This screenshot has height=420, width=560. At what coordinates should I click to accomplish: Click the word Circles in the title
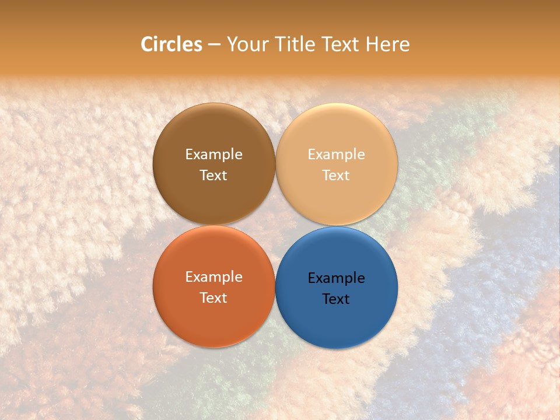[171, 44]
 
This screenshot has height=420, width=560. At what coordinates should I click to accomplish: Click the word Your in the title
[247, 44]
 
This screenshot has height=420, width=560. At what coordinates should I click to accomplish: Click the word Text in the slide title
[341, 44]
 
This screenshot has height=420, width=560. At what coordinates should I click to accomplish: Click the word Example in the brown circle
[213, 155]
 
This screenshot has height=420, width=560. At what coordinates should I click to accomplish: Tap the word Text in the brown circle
[213, 175]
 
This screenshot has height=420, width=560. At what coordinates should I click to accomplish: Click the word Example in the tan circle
[336, 155]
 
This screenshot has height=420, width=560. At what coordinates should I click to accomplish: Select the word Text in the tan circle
[336, 175]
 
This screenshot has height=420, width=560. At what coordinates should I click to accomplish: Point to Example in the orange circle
[213, 277]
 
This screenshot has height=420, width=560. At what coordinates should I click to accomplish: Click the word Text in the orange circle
[213, 297]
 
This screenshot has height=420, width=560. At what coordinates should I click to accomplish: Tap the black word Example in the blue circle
[336, 278]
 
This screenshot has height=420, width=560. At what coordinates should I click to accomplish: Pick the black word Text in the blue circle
[336, 299]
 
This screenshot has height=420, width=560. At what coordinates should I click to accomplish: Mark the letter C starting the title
[148, 44]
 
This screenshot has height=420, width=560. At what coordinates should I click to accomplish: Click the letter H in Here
[372, 44]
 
